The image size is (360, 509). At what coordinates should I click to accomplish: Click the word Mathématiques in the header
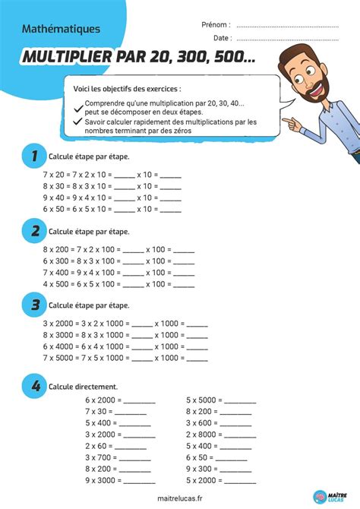click(62, 29)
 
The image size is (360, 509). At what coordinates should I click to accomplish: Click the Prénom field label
click(216, 24)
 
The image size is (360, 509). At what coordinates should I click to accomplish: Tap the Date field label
click(222, 36)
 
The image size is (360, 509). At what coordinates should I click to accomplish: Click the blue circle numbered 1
click(31, 156)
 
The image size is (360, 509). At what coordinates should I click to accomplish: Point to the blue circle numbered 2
click(31, 231)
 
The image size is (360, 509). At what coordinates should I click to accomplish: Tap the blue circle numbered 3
click(31, 305)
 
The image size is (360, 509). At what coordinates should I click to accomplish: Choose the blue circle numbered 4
click(31, 387)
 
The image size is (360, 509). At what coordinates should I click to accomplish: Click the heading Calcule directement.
click(80, 387)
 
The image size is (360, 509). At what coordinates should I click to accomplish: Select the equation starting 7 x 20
click(112, 174)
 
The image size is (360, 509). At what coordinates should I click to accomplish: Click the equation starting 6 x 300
click(118, 261)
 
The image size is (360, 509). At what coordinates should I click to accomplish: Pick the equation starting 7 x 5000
click(125, 357)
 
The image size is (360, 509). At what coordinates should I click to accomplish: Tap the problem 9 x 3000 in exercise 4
click(120, 481)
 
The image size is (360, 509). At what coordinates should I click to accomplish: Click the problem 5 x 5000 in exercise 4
click(221, 399)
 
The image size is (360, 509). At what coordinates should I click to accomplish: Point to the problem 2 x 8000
click(221, 435)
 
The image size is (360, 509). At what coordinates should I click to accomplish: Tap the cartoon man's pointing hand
click(292, 120)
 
